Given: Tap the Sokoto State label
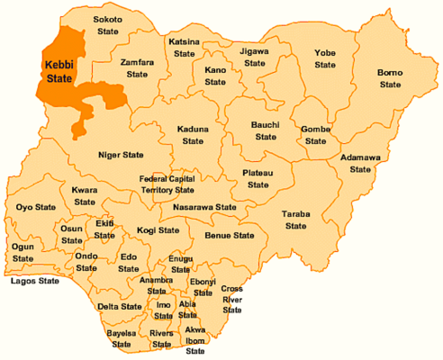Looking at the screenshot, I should coord(109,25).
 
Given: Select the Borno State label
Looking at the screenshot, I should coord(389,77).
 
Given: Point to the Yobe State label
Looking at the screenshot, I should coord(325,58).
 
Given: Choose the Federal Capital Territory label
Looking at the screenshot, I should coord(167,184).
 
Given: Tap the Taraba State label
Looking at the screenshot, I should coord(296,220).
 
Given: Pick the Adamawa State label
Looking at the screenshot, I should coord(360,163).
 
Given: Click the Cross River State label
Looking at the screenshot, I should coord(232,299).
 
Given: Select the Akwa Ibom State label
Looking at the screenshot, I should coord(195,340).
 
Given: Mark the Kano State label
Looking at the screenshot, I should coord(214,76).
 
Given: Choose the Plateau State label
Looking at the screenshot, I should coord(258,178).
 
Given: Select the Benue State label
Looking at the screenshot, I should coord(231,236).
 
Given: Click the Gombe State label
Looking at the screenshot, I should coord(315,135).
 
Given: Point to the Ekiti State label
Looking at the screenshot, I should coord(104,229).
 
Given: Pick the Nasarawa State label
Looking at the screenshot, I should coord(204,208).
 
